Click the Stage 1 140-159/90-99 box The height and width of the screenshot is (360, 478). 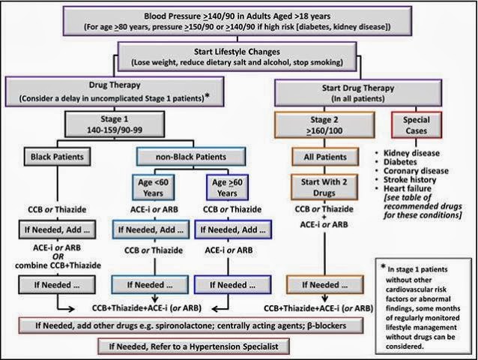115,124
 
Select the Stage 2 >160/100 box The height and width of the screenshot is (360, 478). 324,125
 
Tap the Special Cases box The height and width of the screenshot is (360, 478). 417,125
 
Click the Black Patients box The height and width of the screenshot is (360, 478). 57,157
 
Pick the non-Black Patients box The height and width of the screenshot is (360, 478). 191,157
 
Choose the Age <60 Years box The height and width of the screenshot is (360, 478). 153,187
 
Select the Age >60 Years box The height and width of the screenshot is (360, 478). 227,187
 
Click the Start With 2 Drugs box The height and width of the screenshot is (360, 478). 324,187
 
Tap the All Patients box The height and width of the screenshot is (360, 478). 325,157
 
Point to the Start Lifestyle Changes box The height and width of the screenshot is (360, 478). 238,57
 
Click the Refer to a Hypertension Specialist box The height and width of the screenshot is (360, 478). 193,346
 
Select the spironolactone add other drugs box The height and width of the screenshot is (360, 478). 191,325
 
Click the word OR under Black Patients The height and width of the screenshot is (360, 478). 58,256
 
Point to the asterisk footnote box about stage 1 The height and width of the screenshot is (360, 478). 423,306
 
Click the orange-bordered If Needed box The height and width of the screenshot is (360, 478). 325,285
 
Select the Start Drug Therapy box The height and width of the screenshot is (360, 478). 358,93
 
